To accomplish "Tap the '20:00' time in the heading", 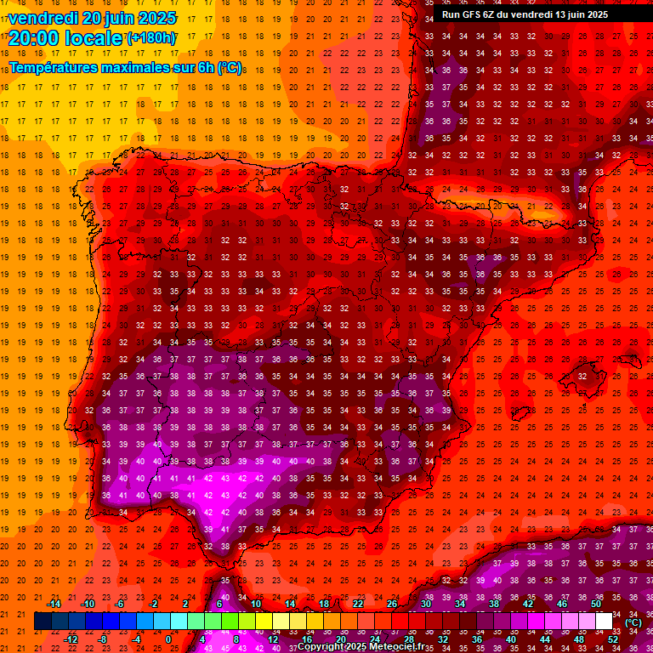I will [33, 37].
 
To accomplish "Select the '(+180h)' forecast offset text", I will [151, 38].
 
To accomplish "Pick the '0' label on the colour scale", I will [168, 639].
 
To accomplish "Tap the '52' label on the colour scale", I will [613, 639].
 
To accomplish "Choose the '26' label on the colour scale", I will [392, 604].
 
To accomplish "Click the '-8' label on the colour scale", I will [103, 639].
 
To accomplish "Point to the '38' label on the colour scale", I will [494, 604].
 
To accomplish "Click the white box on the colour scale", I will [604, 622].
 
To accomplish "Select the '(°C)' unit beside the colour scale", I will [633, 622].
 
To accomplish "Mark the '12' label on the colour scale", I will [273, 639].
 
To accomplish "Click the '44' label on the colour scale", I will [545, 639].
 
